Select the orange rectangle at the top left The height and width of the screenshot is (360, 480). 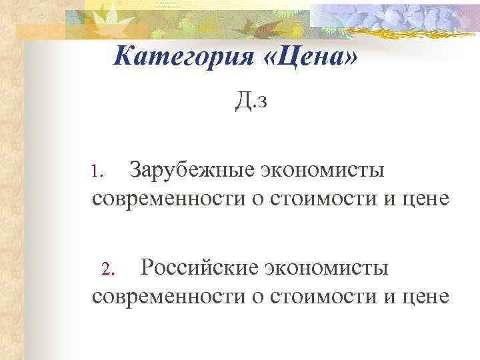point(40,31)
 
